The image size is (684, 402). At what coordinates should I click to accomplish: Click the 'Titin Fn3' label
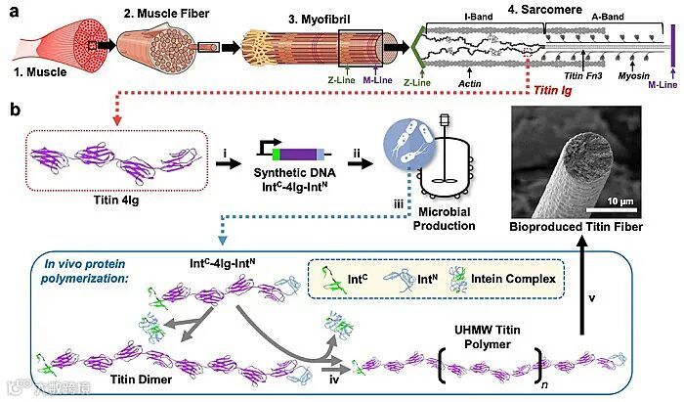tap(584, 74)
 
